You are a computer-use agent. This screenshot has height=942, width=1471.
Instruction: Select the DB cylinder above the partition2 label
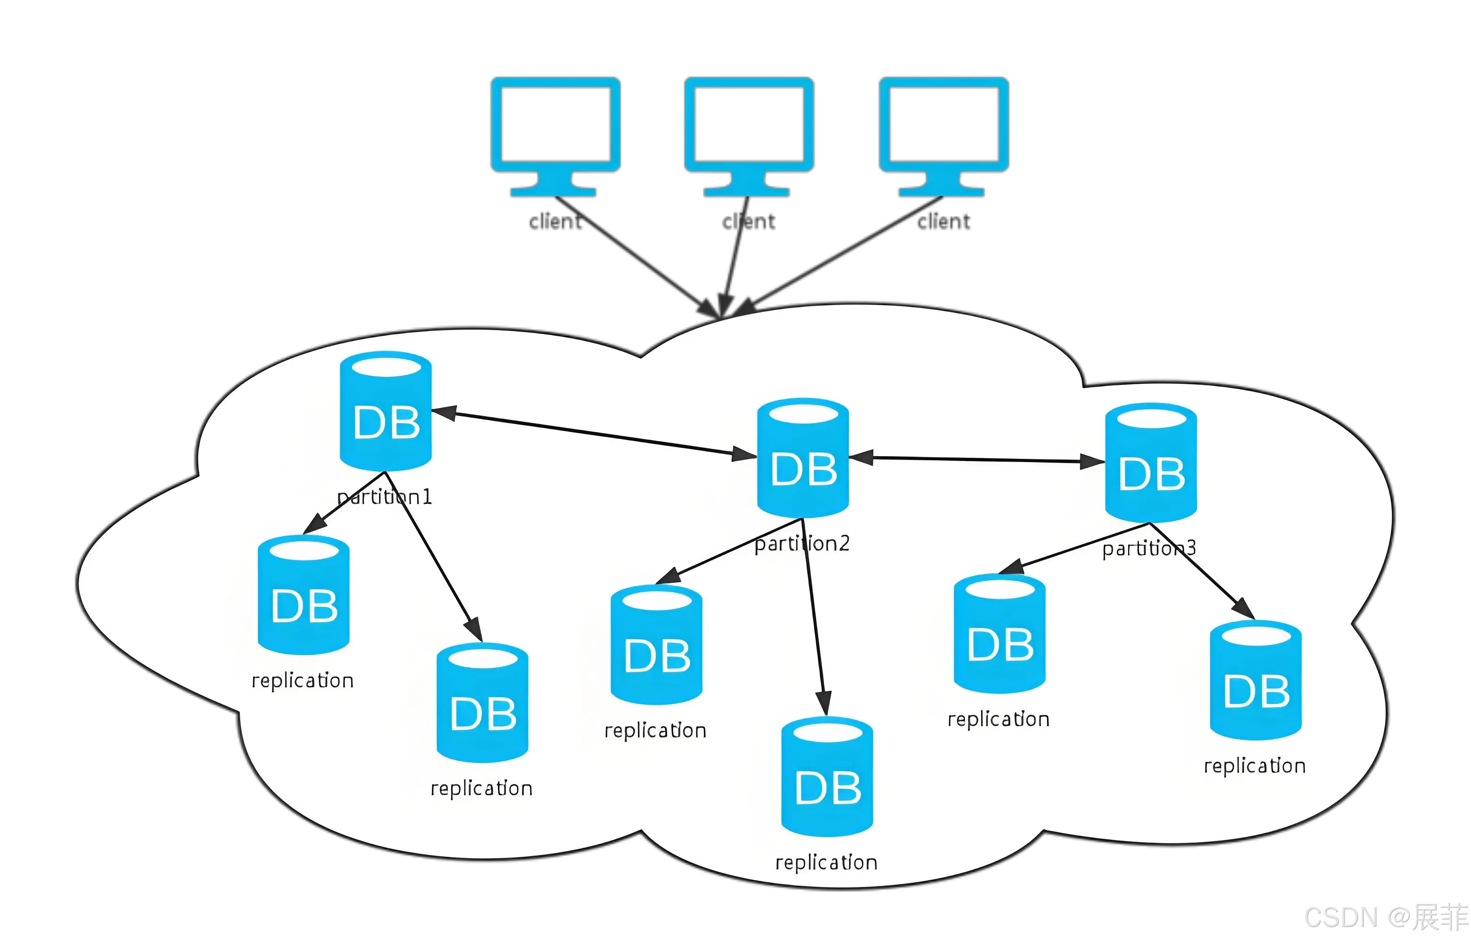tap(802, 458)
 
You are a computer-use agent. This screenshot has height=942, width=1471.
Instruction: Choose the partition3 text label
tap(1149, 548)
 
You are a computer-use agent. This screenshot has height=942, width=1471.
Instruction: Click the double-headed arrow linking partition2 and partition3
tap(976, 459)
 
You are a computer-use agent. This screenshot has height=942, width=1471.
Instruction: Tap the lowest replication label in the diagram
tap(826, 862)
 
